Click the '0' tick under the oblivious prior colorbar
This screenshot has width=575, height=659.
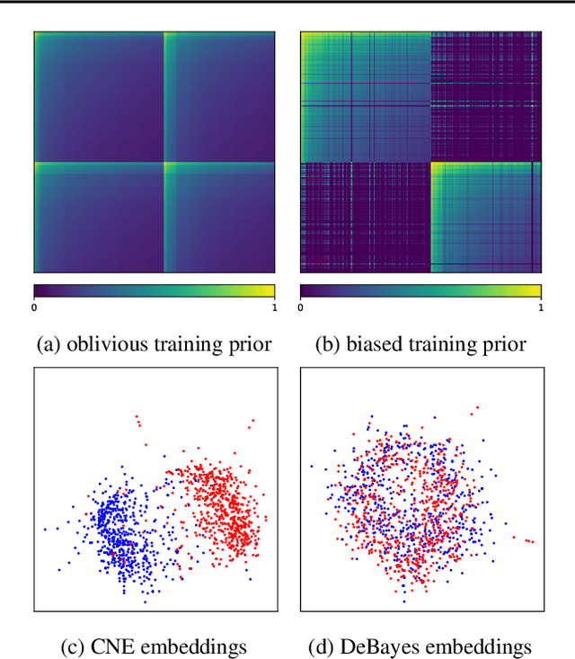tap(35, 307)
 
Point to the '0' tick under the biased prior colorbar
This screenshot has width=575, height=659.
tap(301, 307)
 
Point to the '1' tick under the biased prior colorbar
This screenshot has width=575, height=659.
tap(539, 307)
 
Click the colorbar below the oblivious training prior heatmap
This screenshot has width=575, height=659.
tap(154, 291)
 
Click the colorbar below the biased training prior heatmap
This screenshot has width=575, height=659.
tap(420, 291)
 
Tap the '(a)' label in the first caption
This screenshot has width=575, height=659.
tap(48, 343)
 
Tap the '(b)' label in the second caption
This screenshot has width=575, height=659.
tap(325, 343)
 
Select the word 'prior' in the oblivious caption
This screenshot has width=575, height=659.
tap(251, 343)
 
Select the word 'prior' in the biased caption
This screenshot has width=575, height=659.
tap(504, 343)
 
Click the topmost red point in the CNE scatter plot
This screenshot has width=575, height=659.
tap(136, 416)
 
